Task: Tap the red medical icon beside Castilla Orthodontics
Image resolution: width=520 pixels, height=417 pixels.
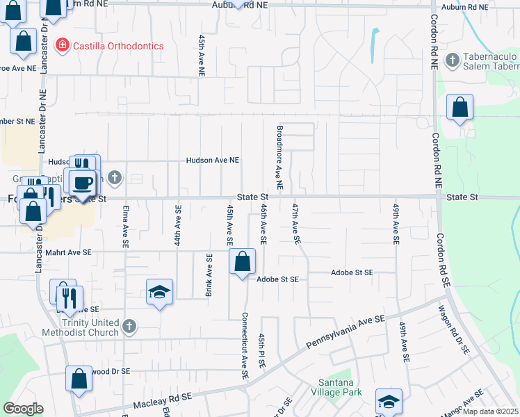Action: (x=62, y=45)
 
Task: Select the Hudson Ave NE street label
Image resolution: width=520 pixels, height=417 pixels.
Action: (x=212, y=161)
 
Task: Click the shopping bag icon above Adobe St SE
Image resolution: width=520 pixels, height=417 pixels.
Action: (x=242, y=263)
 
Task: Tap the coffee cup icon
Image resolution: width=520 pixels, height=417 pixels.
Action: (x=83, y=182)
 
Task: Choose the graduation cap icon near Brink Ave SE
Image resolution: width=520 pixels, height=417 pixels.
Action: (x=159, y=293)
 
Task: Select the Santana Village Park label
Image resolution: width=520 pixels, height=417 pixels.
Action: (x=341, y=388)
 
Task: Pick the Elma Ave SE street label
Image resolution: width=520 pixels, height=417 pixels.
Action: (x=126, y=227)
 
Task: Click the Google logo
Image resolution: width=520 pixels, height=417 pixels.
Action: (x=23, y=409)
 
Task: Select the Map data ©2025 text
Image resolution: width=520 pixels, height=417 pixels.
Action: (x=490, y=411)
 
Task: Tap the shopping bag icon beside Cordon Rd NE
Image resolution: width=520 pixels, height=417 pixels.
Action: (x=460, y=108)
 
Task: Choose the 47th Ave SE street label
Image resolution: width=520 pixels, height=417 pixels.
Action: (x=296, y=223)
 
